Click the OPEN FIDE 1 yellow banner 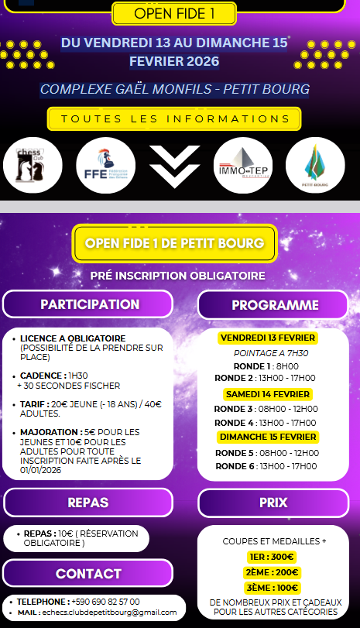tap(173, 14)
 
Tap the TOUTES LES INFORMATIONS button tap(174, 119)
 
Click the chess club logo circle tap(33, 165)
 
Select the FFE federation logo tap(105, 165)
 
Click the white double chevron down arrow tap(175, 164)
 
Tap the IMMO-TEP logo tap(242, 165)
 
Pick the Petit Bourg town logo tap(315, 165)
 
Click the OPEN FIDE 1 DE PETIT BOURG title tap(174, 243)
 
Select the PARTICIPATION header tap(90, 304)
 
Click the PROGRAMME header tap(275, 305)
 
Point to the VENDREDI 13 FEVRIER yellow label tap(268, 338)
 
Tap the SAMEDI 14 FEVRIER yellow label tap(268, 394)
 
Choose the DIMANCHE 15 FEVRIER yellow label tap(268, 438)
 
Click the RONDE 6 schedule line tap(266, 466)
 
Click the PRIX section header tap(273, 503)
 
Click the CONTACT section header tap(88, 574)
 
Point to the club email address tap(104, 612)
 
